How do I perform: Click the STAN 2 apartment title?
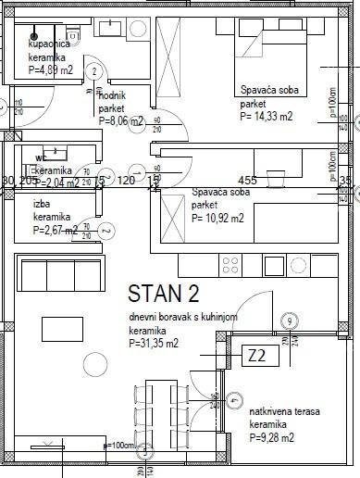(x=163, y=295)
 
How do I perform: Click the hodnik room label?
(x=111, y=95)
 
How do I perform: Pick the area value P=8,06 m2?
(x=121, y=120)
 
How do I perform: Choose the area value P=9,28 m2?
(x=271, y=437)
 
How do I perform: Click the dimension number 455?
(x=247, y=180)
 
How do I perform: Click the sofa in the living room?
(x=54, y=275)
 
